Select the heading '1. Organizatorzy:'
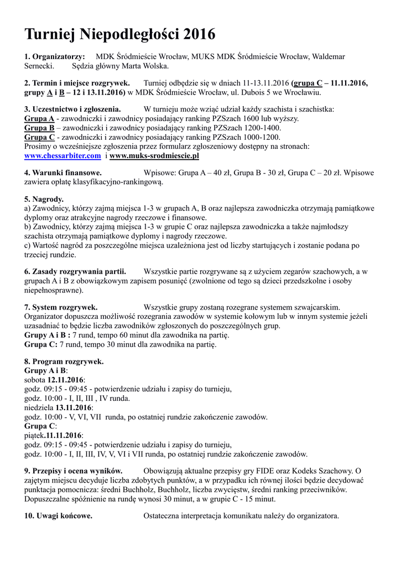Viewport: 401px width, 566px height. click(x=55, y=57)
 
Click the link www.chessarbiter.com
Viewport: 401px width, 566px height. click(x=63, y=156)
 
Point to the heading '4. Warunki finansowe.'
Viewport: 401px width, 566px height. click(x=63, y=173)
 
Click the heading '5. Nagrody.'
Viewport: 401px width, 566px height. click(x=44, y=199)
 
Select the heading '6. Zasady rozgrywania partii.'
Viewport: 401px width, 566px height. click(x=75, y=271)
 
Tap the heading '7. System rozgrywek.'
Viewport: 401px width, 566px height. click(x=61, y=306)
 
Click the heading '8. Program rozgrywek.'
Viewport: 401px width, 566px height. click(x=64, y=361)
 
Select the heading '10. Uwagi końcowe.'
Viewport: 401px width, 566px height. click(x=59, y=516)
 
